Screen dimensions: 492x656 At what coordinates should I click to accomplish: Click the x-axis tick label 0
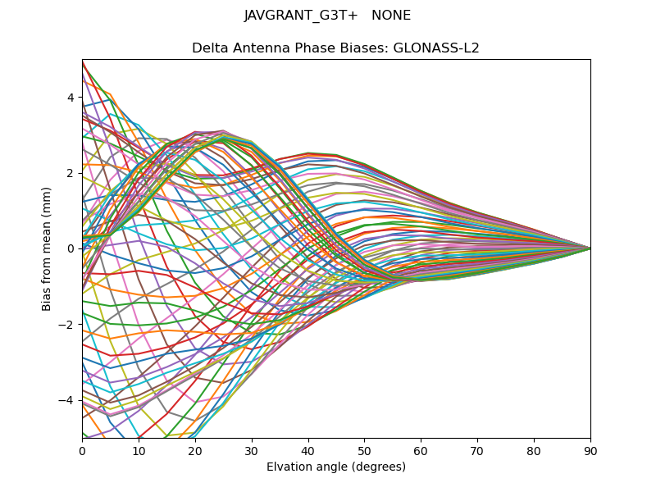(x=82, y=450)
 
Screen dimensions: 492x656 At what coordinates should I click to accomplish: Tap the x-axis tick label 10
(x=139, y=450)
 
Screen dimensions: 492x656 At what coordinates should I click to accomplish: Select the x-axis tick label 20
(x=195, y=450)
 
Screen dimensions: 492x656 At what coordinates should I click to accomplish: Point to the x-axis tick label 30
(x=252, y=450)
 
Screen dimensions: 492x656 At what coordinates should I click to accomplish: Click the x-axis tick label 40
(x=308, y=450)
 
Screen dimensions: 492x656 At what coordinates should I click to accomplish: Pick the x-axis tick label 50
(x=364, y=450)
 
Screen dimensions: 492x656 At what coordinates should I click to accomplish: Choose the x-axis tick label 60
(x=421, y=450)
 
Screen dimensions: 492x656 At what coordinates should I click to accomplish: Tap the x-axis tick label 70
(x=477, y=450)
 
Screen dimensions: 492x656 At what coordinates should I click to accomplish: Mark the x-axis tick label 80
(x=534, y=450)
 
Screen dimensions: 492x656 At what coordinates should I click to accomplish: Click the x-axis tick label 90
(x=590, y=450)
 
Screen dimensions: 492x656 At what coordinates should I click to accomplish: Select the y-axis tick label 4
(x=71, y=98)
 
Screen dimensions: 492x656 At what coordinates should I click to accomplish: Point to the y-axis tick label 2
(x=71, y=173)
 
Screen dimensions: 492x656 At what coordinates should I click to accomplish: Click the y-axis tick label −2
(x=67, y=324)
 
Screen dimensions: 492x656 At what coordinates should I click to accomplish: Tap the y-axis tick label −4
(x=67, y=400)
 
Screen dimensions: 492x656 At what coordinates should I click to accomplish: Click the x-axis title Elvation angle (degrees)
(x=336, y=467)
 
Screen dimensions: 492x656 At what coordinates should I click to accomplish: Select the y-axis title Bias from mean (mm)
(x=48, y=248)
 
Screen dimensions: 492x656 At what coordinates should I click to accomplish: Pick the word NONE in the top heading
(x=391, y=16)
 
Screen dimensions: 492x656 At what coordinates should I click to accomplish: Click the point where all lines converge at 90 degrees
(x=590, y=248)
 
